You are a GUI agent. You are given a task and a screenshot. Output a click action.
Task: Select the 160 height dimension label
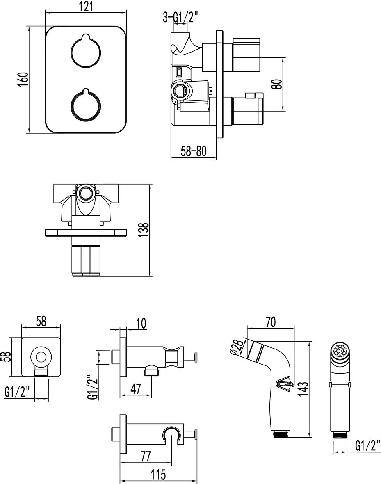click(23, 79)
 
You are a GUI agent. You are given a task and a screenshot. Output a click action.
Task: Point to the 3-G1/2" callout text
click(180, 17)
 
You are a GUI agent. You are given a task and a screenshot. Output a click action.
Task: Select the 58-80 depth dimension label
click(193, 151)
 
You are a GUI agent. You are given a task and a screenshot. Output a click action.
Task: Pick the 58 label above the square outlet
click(41, 322)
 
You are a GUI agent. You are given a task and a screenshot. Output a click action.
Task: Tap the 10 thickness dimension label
click(141, 323)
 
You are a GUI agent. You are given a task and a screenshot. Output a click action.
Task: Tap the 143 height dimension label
click(303, 387)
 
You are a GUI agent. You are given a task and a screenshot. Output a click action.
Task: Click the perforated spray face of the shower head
click(340, 351)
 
